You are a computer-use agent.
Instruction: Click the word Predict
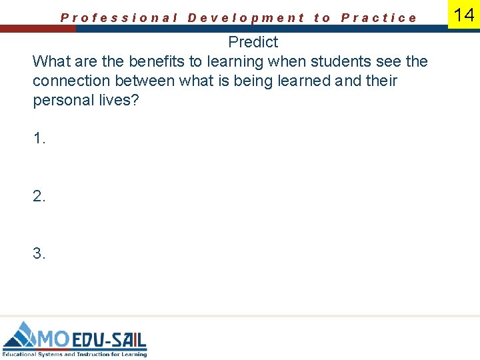coord(253,42)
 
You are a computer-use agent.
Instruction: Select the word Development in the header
coord(246,18)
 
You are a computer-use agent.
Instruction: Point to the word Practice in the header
coord(379,18)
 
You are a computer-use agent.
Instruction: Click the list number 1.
coord(39,139)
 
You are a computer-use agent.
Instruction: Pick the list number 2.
coord(39,196)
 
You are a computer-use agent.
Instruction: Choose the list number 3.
coord(39,253)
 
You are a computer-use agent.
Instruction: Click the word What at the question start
coord(50,61)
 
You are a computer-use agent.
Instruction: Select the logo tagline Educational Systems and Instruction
coord(73,354)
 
